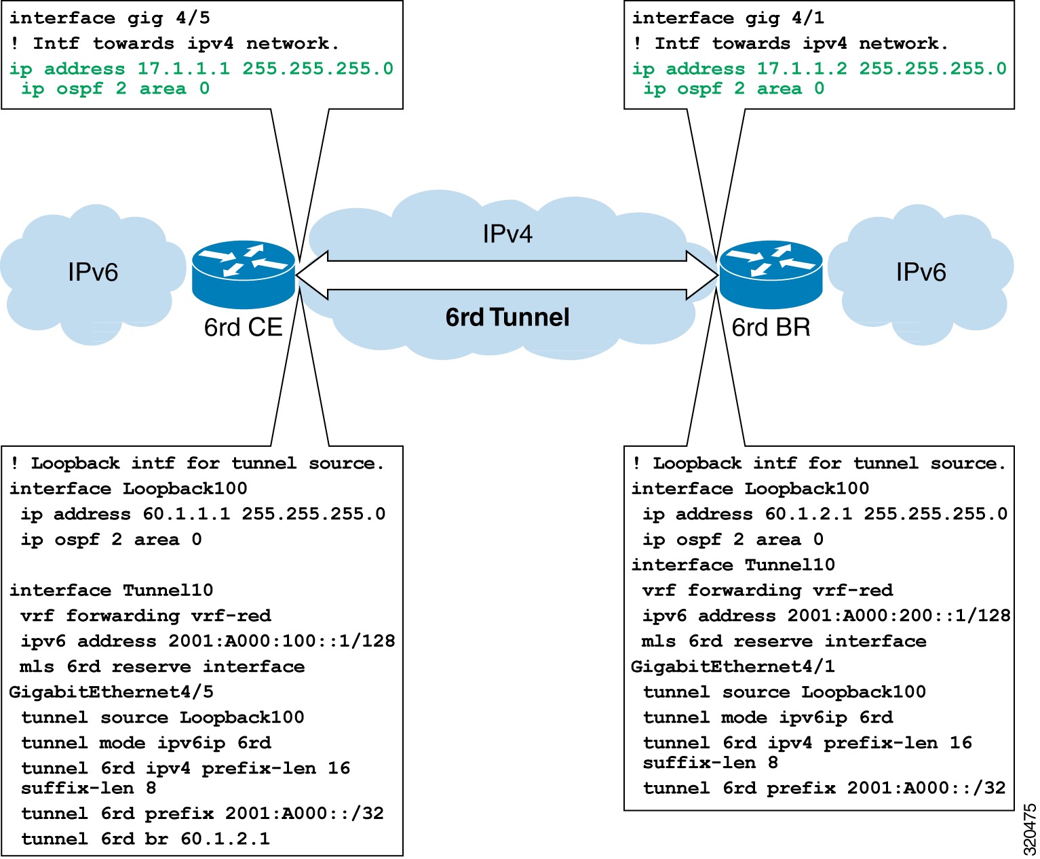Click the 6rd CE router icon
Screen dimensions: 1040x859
pyautogui.click(x=244, y=274)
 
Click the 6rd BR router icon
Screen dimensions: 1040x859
pyautogui.click(x=771, y=274)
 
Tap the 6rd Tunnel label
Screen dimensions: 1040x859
pyautogui.click(x=507, y=317)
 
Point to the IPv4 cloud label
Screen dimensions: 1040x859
pyautogui.click(x=507, y=234)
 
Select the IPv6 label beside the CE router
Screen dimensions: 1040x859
pyautogui.click(x=93, y=273)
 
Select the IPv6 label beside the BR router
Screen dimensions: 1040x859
pyautogui.click(x=921, y=273)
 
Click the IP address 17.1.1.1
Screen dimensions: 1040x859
pyautogui.click(x=184, y=68)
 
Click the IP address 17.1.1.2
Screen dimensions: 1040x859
pyautogui.click(x=802, y=68)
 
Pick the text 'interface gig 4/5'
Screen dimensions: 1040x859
pyautogui.click(x=110, y=18)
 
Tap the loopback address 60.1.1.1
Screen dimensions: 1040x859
pyautogui.click(x=187, y=514)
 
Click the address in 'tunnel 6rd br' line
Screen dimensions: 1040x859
pyautogui.click(x=225, y=839)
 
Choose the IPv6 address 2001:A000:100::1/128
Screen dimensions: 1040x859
pyautogui.click(x=282, y=641)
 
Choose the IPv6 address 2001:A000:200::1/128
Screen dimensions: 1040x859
pyautogui.click(x=899, y=616)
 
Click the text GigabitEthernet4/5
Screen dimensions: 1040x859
pyautogui.click(x=111, y=692)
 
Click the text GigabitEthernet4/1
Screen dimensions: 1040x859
pyautogui.click(x=733, y=666)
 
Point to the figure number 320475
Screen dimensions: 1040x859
pyautogui.click(x=1029, y=830)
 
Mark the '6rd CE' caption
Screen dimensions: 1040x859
pyautogui.click(x=243, y=327)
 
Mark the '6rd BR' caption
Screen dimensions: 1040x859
pyautogui.click(x=771, y=327)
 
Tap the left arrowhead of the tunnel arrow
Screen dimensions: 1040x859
pyautogui.click(x=311, y=275)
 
